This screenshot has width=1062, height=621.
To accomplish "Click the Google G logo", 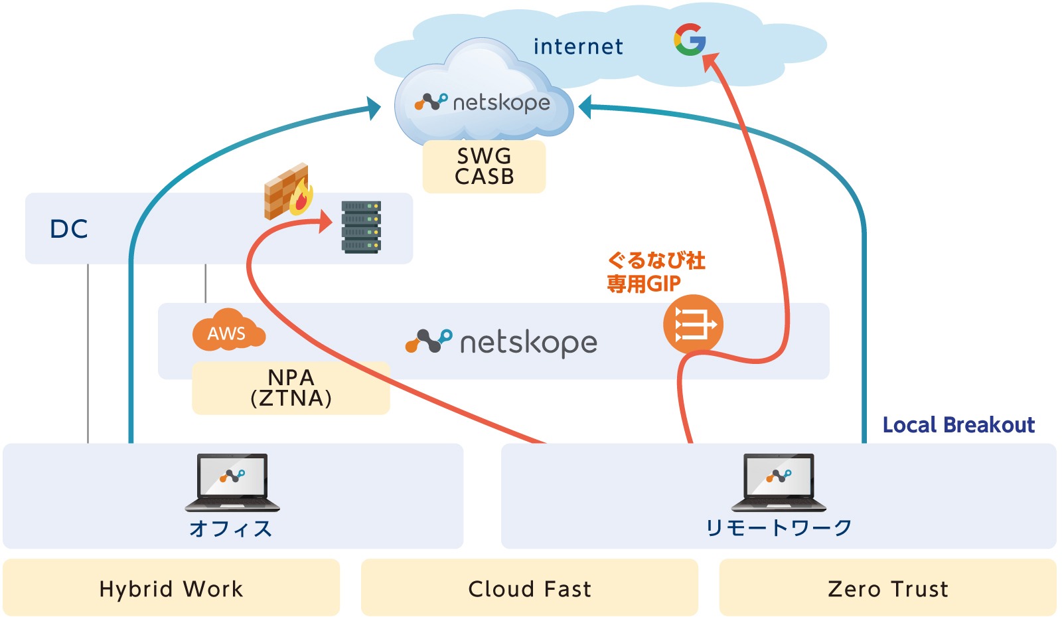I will point(689,40).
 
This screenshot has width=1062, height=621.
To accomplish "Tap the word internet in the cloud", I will point(578,46).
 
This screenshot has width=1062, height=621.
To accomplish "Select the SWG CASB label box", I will point(484,166).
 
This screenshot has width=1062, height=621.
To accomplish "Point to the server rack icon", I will point(361,227).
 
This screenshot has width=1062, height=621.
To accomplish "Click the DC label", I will point(69,229).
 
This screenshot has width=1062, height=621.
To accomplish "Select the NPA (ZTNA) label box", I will point(291,388).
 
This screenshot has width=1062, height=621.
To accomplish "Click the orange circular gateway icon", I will point(692,325).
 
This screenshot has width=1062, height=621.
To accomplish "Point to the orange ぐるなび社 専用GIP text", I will point(655,272).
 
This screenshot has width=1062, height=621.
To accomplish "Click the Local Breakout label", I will point(958,425).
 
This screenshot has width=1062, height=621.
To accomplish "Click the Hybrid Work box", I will point(171,588).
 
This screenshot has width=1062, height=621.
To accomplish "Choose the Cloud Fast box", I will point(530,588).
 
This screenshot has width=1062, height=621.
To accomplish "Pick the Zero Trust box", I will point(887,588).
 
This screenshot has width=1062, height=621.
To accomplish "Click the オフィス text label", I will point(231,529).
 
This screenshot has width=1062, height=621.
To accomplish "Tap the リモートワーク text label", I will point(779,528).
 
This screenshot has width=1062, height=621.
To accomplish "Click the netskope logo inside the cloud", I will point(483,103).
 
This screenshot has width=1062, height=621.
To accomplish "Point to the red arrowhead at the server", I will point(325,221).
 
